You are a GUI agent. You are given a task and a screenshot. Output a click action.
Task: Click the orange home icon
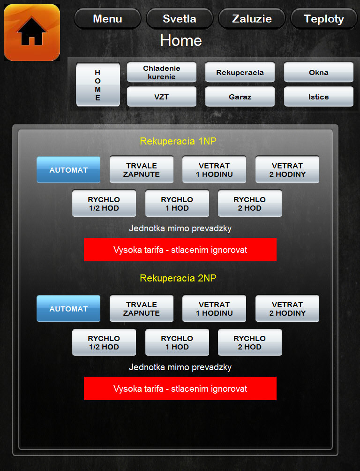tap(32, 32)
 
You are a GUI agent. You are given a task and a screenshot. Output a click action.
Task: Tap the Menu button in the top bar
tap(107, 19)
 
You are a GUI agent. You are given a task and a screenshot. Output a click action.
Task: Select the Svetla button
tap(180, 19)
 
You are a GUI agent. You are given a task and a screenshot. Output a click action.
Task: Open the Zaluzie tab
tap(252, 19)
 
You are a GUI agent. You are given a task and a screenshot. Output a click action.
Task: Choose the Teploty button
tap(323, 19)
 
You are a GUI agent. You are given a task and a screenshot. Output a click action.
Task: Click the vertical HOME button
tap(98, 84)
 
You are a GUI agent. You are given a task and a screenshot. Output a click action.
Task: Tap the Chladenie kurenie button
tap(162, 72)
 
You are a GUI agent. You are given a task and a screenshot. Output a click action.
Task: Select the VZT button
tap(162, 97)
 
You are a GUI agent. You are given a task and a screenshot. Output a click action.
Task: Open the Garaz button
tap(240, 97)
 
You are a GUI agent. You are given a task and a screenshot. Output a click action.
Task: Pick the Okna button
tap(319, 72)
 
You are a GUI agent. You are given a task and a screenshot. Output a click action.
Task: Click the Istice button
tap(319, 97)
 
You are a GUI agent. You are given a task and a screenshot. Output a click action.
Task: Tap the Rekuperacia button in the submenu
tap(240, 72)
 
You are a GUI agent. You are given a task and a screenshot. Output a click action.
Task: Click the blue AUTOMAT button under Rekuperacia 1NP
tap(68, 170)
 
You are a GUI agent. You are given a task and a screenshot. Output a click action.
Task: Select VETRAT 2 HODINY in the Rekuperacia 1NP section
tap(287, 170)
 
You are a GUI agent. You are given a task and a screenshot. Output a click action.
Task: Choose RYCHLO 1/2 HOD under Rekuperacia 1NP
tap(104, 203)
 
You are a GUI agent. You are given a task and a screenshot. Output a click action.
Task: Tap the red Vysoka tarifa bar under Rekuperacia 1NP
tap(180, 250)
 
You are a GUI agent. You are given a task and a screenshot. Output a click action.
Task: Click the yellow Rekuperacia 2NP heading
tap(178, 278)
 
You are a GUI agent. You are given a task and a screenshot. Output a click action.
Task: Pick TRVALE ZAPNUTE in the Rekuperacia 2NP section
tap(142, 309)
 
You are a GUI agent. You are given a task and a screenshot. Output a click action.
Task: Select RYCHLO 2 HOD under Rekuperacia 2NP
tap(249, 342)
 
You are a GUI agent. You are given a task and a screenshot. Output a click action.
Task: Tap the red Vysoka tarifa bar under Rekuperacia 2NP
tap(180, 388)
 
